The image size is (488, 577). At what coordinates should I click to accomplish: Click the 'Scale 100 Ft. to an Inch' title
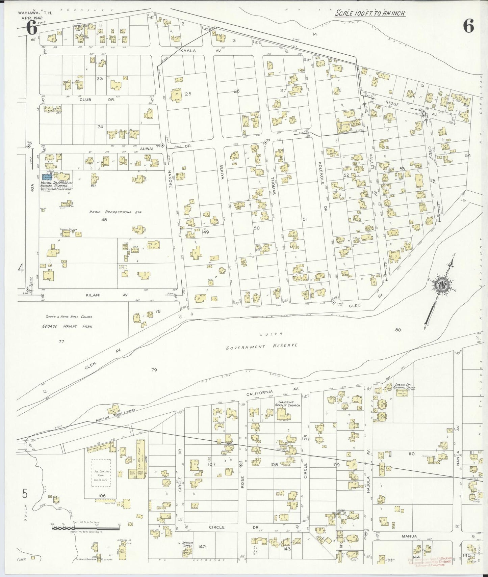point(369,13)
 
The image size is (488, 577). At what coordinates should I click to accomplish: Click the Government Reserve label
point(262,346)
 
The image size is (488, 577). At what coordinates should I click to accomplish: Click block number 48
point(104,219)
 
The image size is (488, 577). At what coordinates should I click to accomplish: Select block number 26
point(236,91)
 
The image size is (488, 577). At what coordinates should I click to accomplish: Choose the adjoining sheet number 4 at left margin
point(21,269)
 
